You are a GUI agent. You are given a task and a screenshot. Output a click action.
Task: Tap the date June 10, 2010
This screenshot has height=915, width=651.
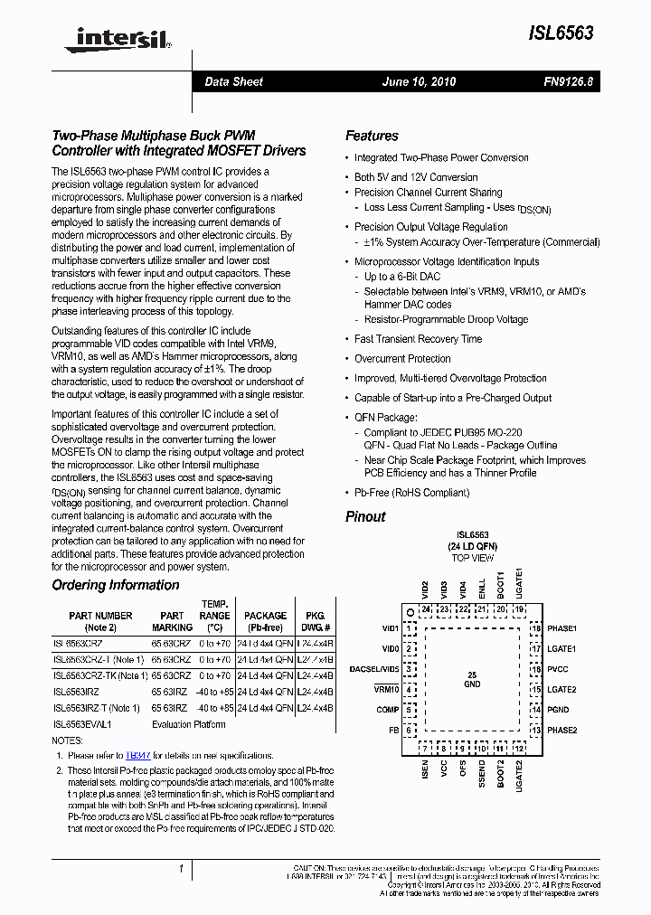(x=419, y=82)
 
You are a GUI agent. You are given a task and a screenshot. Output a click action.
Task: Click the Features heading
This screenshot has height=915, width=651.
(x=372, y=136)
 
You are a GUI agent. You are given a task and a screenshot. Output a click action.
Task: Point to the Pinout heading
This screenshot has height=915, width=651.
(x=365, y=516)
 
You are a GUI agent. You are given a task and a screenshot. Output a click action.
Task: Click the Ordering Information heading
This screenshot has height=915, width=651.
(x=115, y=585)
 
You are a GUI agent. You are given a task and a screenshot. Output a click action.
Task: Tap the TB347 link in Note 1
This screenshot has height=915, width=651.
(x=138, y=755)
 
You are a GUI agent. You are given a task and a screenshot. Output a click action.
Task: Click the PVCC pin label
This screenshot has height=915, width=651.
(x=558, y=669)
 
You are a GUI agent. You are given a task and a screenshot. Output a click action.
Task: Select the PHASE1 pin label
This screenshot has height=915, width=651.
(x=562, y=628)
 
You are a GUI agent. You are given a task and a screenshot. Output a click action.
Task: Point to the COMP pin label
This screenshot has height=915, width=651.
(x=388, y=710)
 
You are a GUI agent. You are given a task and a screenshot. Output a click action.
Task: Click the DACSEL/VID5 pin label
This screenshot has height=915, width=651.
(x=373, y=669)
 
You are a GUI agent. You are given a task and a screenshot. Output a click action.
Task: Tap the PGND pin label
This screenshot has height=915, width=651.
(x=558, y=710)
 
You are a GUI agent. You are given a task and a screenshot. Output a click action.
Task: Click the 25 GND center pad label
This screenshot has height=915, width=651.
(x=471, y=680)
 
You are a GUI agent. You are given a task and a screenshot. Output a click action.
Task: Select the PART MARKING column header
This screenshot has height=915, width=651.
(x=172, y=621)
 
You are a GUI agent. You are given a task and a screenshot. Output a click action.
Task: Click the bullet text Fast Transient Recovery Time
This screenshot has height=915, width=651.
(x=418, y=339)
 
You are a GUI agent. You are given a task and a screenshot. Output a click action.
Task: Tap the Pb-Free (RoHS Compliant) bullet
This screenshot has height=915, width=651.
(x=411, y=493)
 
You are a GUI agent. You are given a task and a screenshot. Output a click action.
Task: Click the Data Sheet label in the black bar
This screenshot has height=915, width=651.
(x=233, y=82)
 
